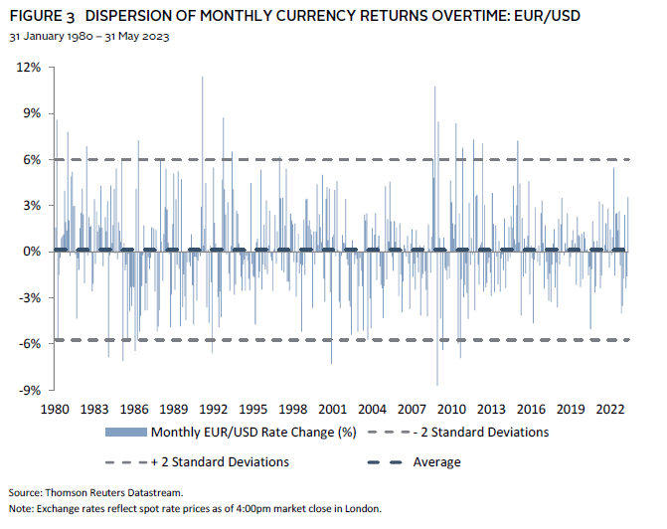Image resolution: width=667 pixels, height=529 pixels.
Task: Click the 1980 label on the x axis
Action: pyautogui.click(x=55, y=409)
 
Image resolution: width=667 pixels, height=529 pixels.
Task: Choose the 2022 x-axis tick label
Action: pyautogui.click(x=610, y=409)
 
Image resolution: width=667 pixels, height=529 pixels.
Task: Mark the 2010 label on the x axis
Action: pyautogui.click(x=451, y=409)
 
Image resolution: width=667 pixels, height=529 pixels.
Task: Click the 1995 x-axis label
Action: pyautogui.click(x=253, y=409)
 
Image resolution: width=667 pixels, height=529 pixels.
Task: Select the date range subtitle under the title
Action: pyautogui.click(x=89, y=36)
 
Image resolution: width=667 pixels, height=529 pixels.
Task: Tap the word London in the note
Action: pyautogui.click(x=362, y=508)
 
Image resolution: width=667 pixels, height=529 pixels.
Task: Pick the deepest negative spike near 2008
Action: pyautogui.click(x=437, y=384)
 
